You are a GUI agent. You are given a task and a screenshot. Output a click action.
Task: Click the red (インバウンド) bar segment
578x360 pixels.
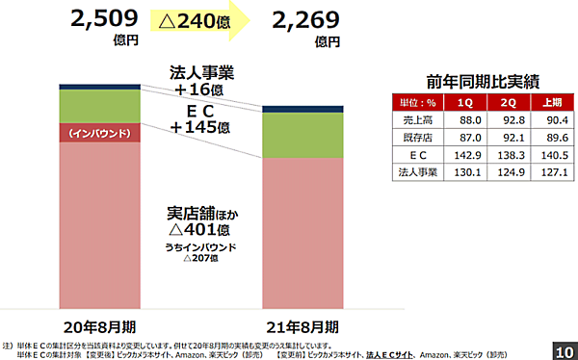[98, 132]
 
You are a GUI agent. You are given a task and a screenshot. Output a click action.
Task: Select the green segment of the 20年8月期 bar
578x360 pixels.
[98, 105]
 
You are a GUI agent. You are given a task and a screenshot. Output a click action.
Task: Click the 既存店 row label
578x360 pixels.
[419, 138]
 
